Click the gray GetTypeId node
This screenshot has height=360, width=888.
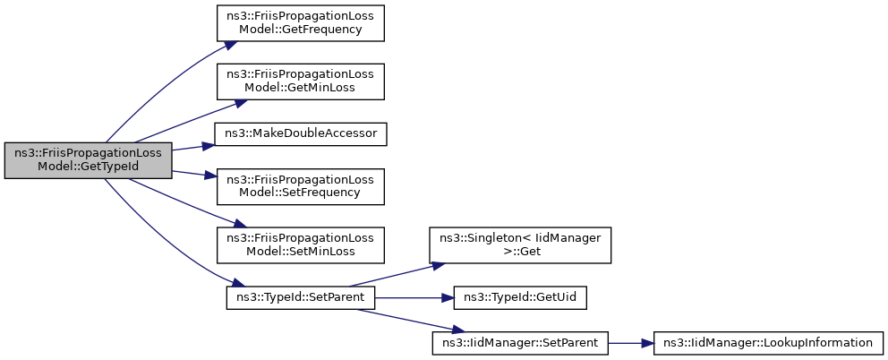[x=88, y=160]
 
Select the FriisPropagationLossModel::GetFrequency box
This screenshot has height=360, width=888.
[x=300, y=22]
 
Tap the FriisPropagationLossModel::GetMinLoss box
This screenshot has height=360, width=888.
[x=300, y=82]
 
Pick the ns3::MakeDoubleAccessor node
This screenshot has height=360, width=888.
[x=300, y=133]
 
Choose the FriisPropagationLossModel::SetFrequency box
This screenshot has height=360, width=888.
[x=300, y=186]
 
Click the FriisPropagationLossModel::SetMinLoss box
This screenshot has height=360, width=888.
[x=300, y=244]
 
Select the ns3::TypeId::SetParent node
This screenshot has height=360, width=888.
[x=300, y=297]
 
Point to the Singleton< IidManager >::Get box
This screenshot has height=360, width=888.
[x=520, y=244]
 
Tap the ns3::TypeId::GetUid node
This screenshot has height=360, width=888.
[x=520, y=297]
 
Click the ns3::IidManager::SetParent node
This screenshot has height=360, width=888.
[x=520, y=343]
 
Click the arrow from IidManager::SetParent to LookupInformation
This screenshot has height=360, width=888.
[x=631, y=343]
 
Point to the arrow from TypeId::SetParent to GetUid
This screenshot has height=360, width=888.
[x=414, y=297]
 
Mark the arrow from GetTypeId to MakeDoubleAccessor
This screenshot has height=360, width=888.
[x=192, y=148]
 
